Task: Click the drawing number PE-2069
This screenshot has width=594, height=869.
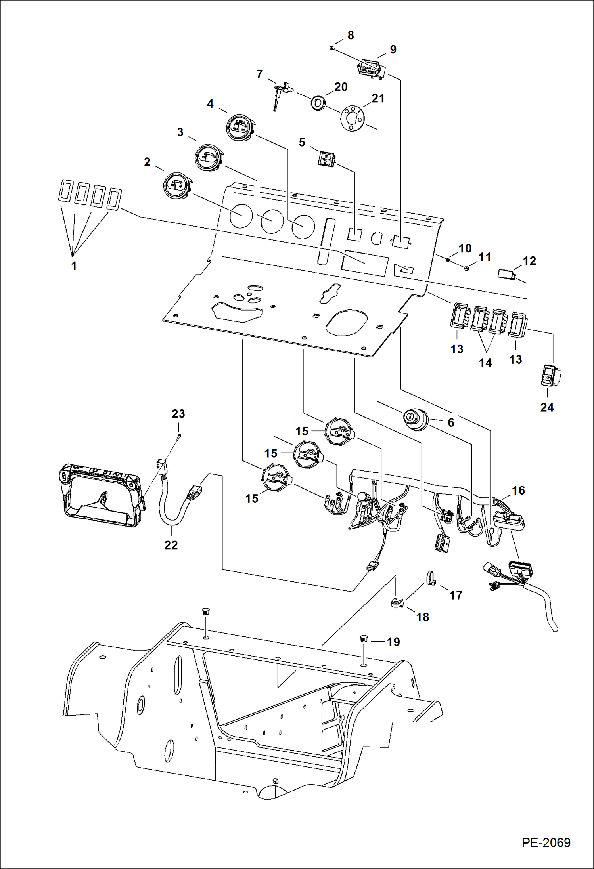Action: pos(546,842)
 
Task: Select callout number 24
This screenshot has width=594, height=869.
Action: pos(546,407)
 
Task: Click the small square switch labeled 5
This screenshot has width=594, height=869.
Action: pos(326,159)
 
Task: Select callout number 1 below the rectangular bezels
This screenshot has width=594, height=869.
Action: pos(74,266)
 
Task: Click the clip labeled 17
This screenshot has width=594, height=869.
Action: pos(431,579)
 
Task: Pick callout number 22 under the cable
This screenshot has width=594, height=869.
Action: pos(171,545)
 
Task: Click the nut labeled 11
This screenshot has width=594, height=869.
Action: pos(467,268)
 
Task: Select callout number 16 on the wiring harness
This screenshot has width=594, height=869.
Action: pos(518,490)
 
